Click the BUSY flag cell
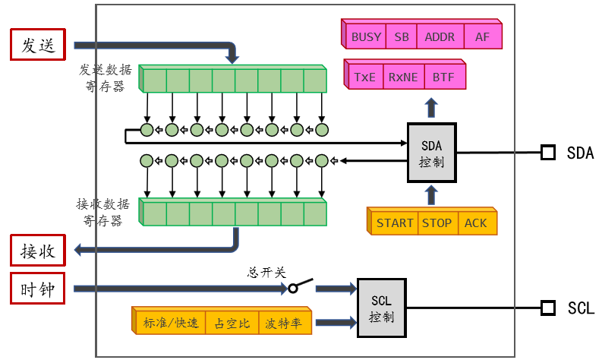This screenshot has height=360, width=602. pos(367,36)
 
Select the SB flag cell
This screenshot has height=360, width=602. pos(400,36)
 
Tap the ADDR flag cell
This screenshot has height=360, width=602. pos(439,36)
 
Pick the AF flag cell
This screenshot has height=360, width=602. pos(482,36)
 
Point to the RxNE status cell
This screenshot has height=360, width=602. pos(403,77)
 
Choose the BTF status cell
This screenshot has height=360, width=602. pos(443,77)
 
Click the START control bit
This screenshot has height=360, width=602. pos(395,223)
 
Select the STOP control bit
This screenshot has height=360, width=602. pos(437,223)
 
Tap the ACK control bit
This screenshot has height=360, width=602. pos(476,223)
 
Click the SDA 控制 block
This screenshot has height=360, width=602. pos(432,152)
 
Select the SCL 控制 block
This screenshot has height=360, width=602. pos(382,308)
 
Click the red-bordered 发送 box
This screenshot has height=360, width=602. pos(38,45)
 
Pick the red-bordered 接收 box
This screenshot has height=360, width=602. pos(38,249)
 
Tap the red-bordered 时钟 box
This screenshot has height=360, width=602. pos(38,289)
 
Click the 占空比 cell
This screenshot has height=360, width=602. pos(232,324)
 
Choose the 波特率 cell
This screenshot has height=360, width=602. pos(283,324)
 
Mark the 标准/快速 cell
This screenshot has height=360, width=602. pos(171,324)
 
